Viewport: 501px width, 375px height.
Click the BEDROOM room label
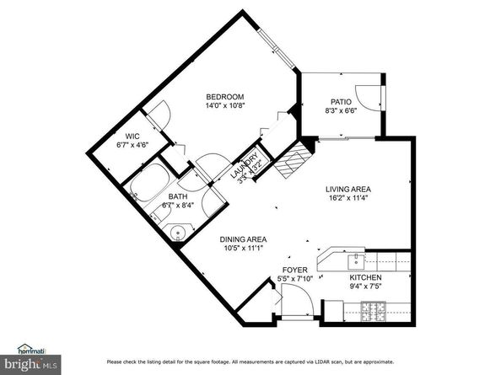click(x=225, y=96)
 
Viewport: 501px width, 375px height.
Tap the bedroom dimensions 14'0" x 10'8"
click(x=225, y=107)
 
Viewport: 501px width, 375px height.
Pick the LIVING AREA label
click(x=349, y=190)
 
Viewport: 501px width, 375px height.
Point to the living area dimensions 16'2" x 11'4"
click(x=349, y=201)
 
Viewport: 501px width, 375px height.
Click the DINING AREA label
click(x=245, y=238)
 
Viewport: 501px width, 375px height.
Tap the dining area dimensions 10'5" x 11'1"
click(x=245, y=249)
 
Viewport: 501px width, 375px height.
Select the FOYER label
click(x=295, y=270)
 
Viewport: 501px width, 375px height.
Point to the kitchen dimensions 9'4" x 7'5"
click(x=366, y=287)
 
